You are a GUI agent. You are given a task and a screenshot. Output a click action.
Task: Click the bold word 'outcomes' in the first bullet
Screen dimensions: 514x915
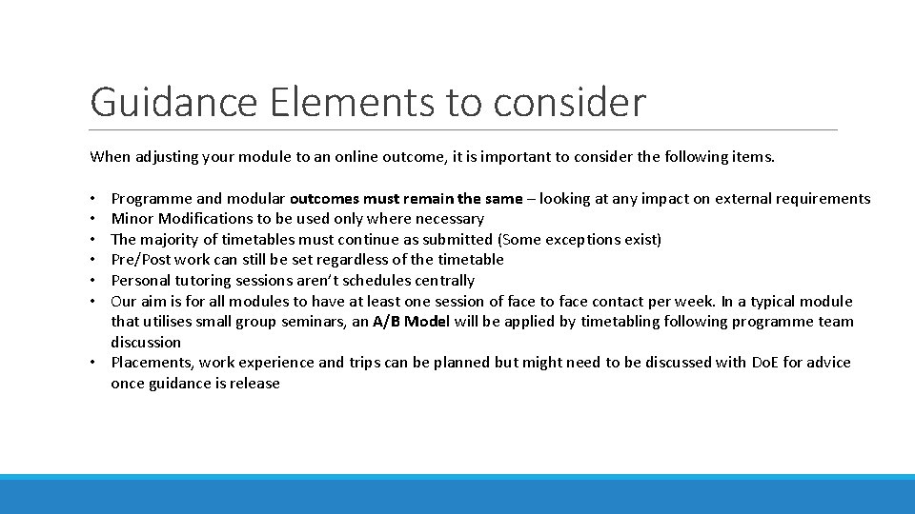click(x=327, y=199)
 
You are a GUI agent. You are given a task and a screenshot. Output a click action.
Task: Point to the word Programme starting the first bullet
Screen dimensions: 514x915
click(x=151, y=199)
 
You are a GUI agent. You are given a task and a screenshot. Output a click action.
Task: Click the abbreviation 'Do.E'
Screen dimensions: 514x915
click(x=763, y=363)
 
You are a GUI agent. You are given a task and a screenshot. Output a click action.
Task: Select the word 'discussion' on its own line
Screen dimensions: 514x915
click(x=146, y=342)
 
